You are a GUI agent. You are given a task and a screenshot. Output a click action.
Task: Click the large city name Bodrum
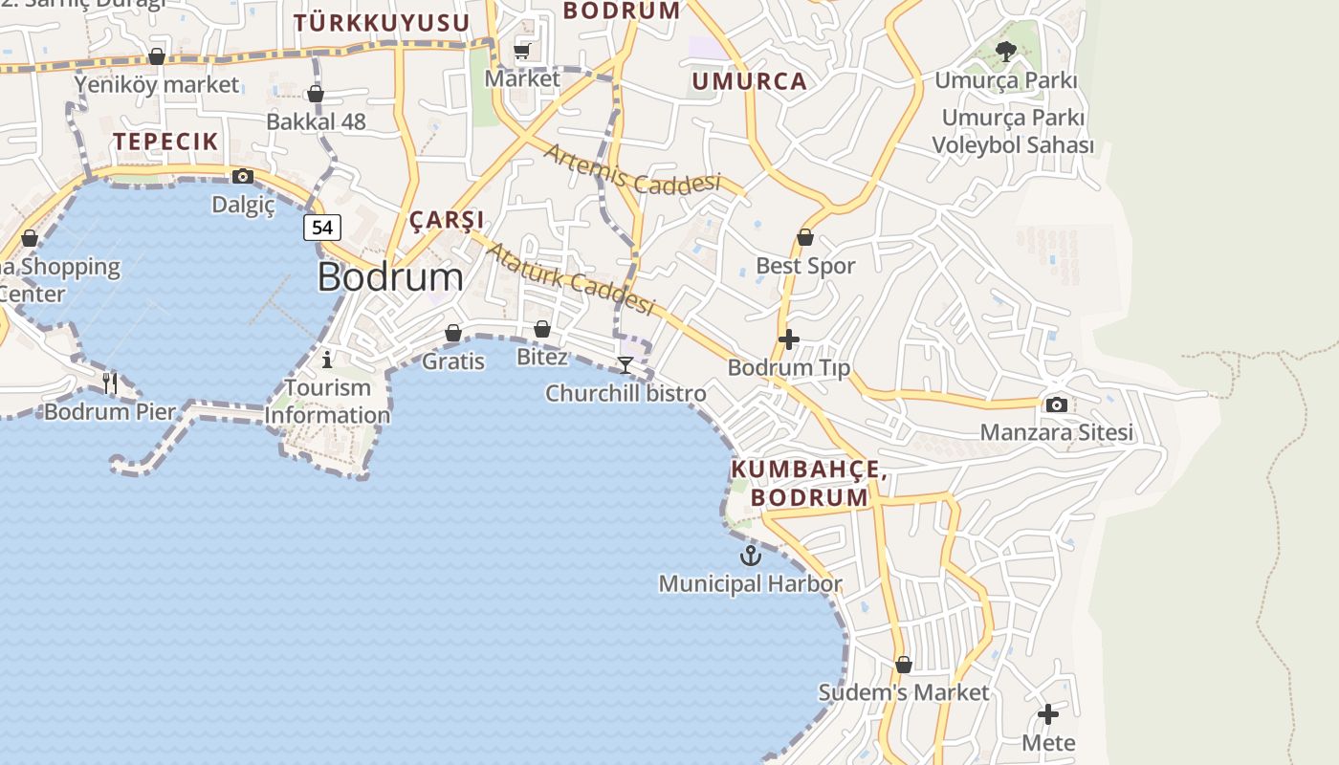pos(390,277)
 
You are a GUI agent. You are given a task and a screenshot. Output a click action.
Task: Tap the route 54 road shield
pos(322,228)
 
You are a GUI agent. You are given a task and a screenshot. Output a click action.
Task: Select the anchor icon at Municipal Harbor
pos(751,556)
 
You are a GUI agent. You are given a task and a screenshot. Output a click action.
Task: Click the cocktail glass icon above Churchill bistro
pos(626,365)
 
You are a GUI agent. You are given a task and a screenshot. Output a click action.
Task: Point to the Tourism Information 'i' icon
pos(327,360)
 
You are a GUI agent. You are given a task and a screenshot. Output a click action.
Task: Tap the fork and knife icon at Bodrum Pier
pos(110,383)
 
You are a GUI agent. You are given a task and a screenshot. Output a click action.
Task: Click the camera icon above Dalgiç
pos(243,176)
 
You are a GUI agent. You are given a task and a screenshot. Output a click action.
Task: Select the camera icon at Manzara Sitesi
pos(1057,404)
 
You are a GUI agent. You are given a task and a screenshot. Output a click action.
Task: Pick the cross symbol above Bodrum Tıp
pos(789,339)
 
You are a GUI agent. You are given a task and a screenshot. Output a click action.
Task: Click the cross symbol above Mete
pos(1048,714)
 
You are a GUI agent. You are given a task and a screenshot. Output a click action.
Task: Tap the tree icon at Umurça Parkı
pos(1005,52)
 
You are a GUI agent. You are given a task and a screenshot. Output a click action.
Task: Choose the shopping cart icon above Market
pos(522,51)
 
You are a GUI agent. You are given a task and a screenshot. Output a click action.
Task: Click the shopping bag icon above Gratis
pos(453,333)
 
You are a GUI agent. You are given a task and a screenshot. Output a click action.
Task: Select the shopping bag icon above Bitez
pos(542,329)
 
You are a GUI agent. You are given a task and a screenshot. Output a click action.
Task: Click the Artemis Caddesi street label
pos(631,171)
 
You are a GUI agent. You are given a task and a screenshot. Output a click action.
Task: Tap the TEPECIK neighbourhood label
pos(166,142)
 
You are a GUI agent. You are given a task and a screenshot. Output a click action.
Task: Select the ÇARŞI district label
pos(447,220)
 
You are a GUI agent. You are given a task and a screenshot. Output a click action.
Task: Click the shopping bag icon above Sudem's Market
pos(904,664)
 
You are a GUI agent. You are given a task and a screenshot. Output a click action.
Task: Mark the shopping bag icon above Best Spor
pos(805,237)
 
